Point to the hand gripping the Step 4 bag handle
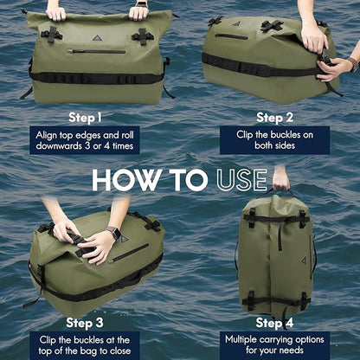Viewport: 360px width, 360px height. [x=280, y=179]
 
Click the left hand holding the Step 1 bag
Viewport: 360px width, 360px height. [x=56, y=12]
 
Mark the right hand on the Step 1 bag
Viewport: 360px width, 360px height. [x=138, y=12]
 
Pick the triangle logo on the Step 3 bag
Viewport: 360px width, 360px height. [x=124, y=239]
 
